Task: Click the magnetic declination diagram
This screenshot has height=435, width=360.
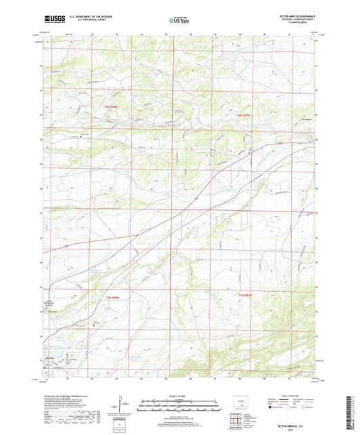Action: (122, 404)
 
